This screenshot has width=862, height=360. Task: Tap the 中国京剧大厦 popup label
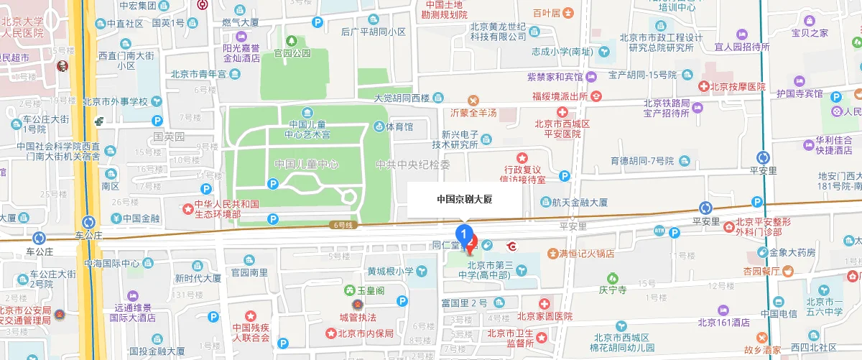coord(465,200)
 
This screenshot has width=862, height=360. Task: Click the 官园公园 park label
coord(292,52)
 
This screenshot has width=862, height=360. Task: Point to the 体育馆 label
coord(399,127)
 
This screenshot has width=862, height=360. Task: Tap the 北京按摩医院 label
coord(738,86)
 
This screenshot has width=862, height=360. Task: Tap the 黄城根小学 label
coord(391,271)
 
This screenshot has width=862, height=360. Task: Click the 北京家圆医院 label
coord(544,316)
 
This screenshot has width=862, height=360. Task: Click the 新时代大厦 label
coord(198,278)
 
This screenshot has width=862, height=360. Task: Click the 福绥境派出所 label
coord(562,96)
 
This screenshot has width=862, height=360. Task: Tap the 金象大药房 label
coord(792,252)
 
